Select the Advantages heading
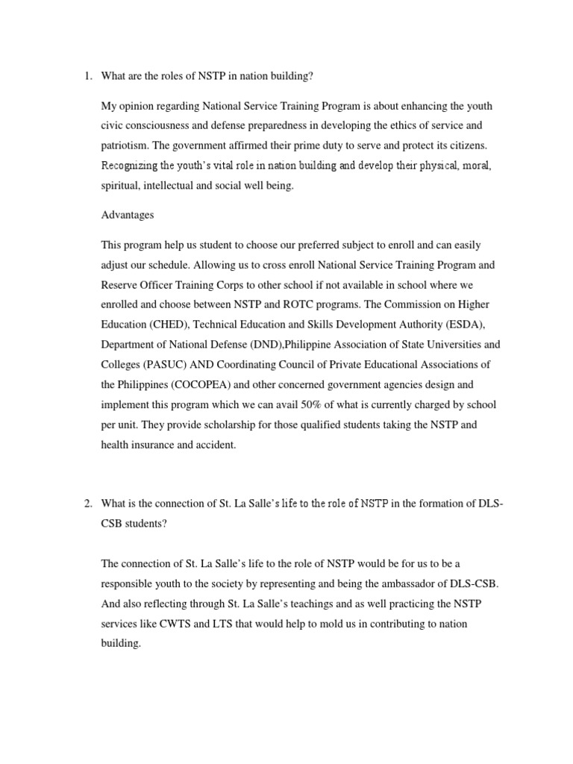(x=127, y=215)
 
